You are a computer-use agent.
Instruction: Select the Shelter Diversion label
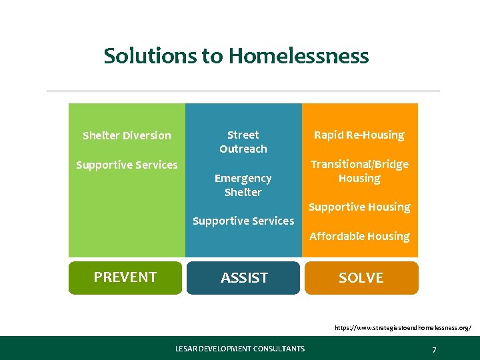(127, 136)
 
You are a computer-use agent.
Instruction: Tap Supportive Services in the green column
(127, 165)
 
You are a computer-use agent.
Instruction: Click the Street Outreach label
(243, 142)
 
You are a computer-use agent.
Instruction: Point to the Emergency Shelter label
(243, 185)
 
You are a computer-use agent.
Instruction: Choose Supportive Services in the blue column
(243, 221)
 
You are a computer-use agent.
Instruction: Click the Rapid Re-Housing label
(359, 135)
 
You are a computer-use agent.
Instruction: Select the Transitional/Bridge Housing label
(359, 171)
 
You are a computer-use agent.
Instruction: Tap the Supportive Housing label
(359, 207)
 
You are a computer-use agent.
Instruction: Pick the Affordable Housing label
(359, 236)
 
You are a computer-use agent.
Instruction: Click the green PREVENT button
(125, 277)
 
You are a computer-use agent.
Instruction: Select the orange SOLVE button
(361, 278)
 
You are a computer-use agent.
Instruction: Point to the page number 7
(434, 349)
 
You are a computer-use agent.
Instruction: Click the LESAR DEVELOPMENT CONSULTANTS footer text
(240, 349)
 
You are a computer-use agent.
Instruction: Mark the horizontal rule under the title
(243, 91)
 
